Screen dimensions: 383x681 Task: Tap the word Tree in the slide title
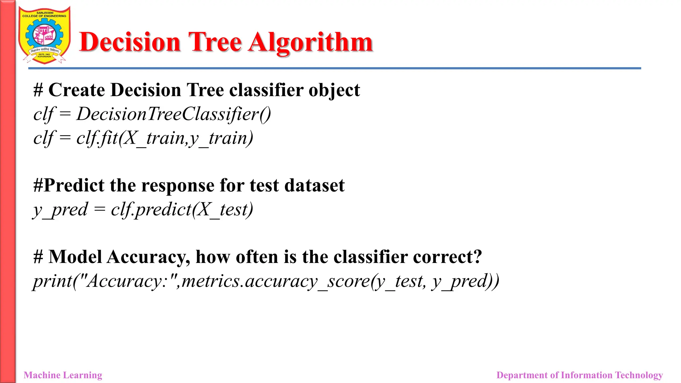click(215, 43)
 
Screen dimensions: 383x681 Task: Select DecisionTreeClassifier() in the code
click(174, 114)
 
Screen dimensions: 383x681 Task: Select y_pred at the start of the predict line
click(60, 210)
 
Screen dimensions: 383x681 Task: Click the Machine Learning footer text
click(63, 375)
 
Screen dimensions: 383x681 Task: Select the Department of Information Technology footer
click(579, 375)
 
